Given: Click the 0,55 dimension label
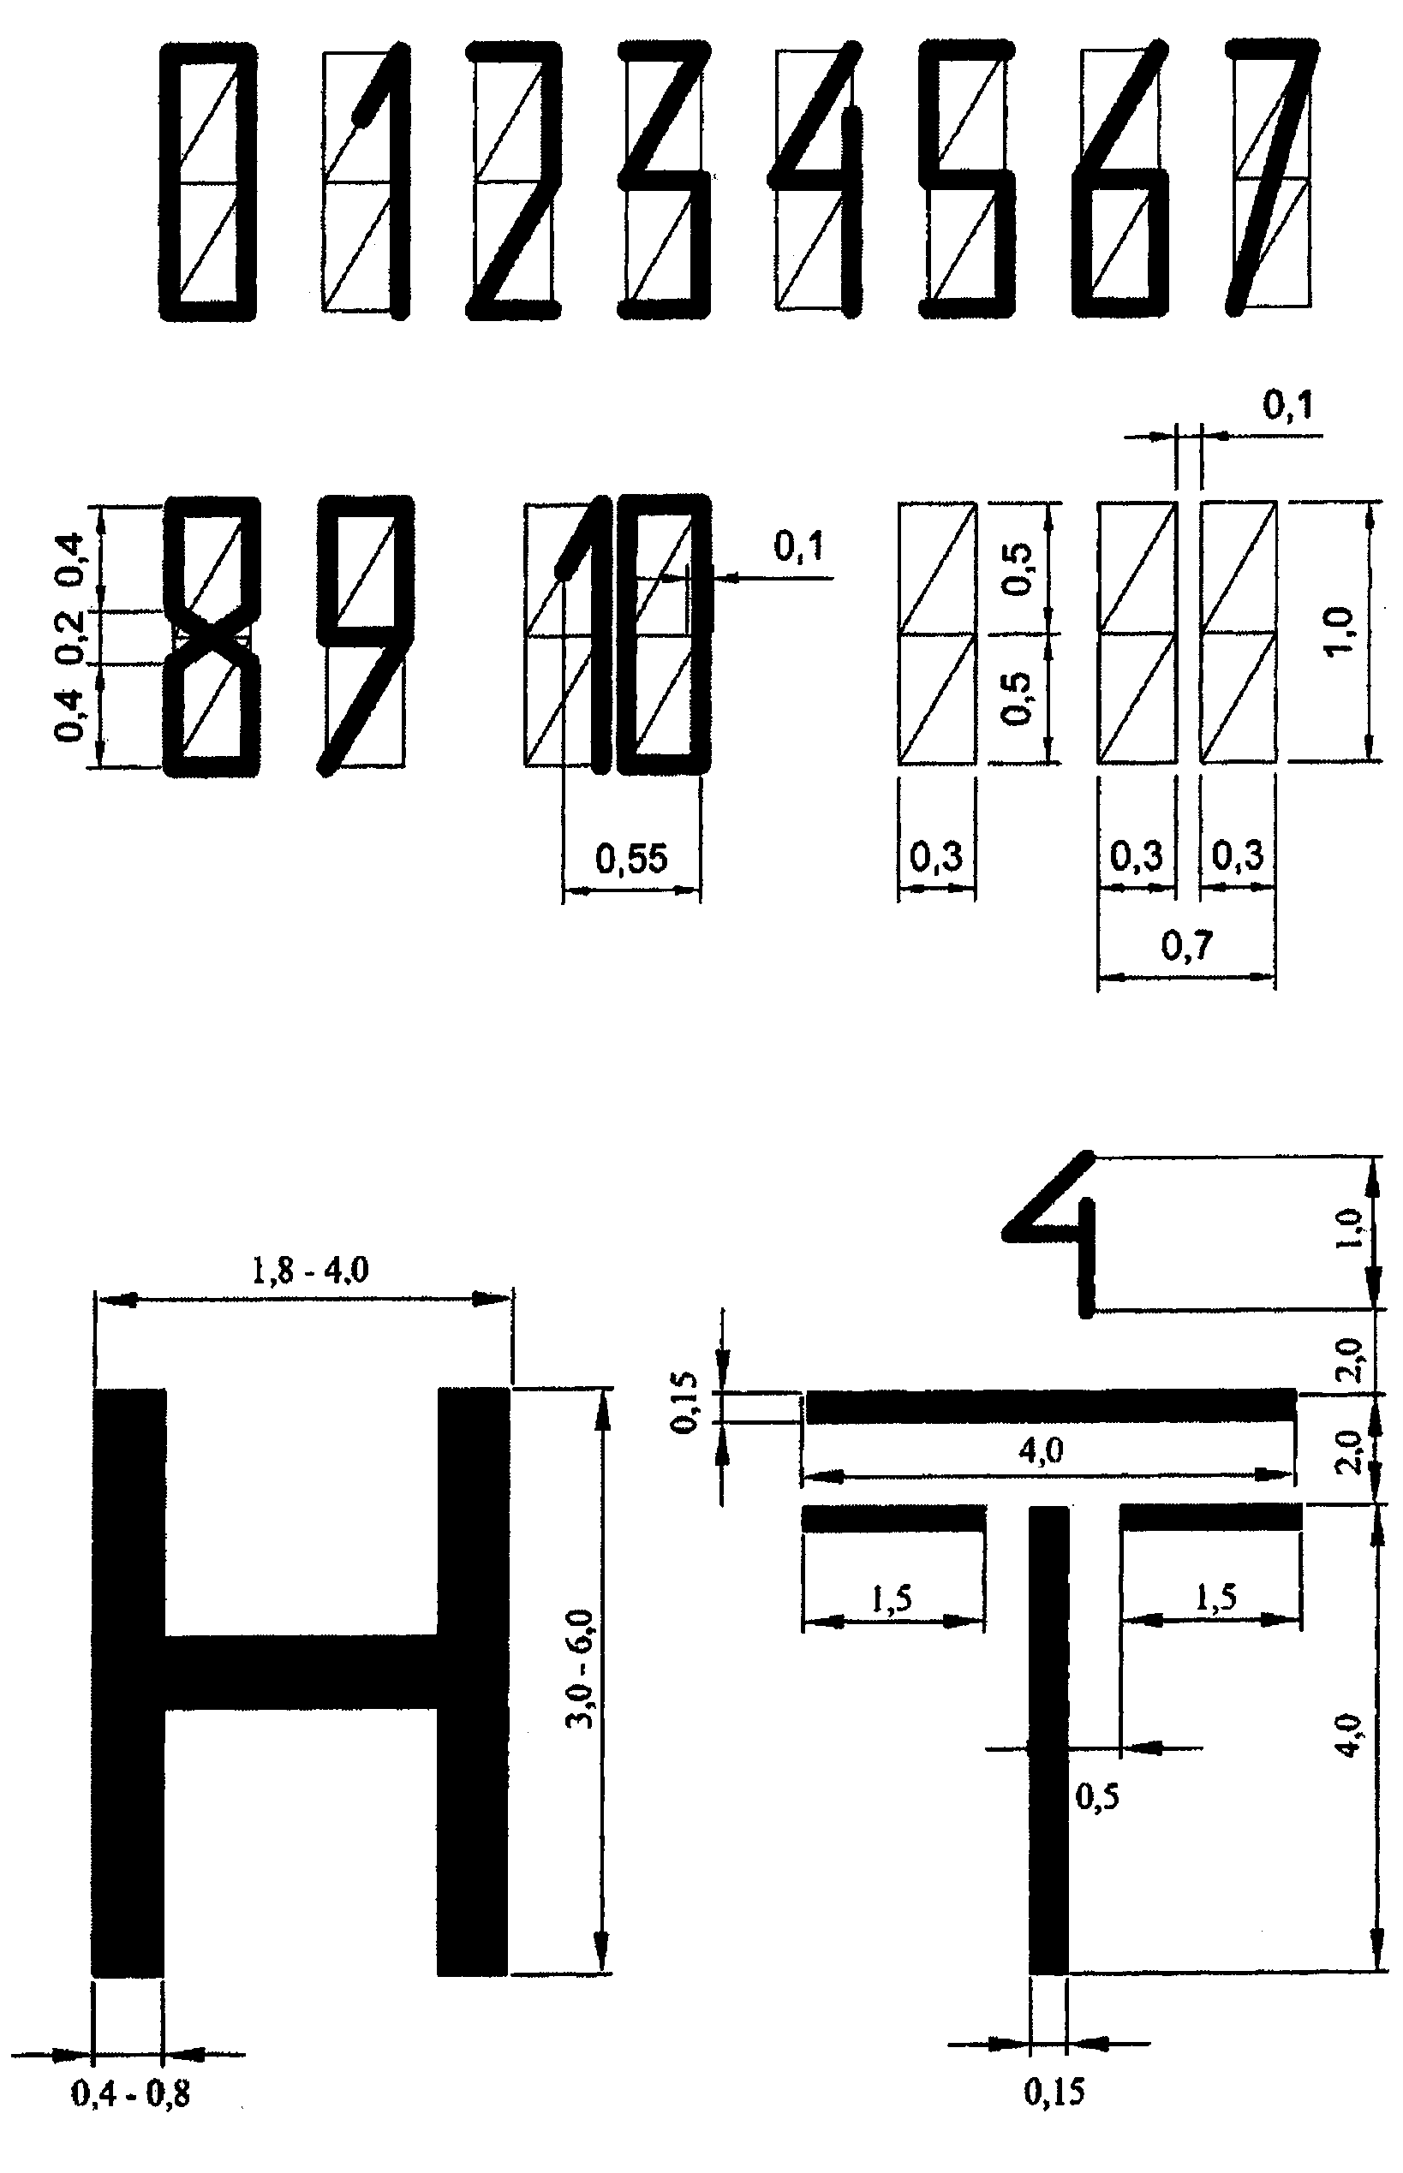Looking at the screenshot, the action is point(631,858).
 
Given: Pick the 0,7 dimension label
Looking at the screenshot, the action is point(1187,946).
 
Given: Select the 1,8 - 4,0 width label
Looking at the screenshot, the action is point(310,1269).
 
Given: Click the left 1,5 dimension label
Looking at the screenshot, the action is point(892,1598).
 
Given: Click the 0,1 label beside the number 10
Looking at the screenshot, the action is point(799,546).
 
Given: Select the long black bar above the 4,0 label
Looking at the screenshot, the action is point(1051,1406).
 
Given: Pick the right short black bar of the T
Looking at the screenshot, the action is point(1211,1517).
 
